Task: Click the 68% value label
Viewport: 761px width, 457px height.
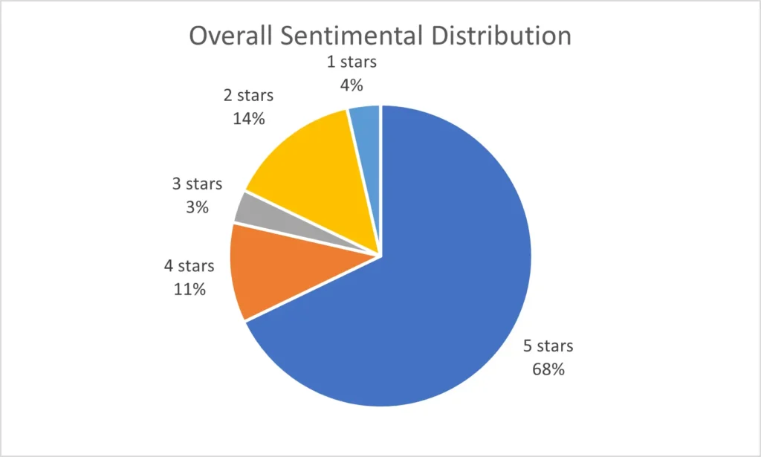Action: pyautogui.click(x=548, y=369)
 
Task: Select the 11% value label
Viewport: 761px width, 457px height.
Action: pyautogui.click(x=189, y=288)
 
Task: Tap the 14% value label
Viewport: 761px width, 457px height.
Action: pyautogui.click(x=248, y=118)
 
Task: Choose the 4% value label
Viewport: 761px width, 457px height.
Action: pyautogui.click(x=351, y=85)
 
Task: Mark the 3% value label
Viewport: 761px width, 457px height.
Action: pyautogui.click(x=197, y=207)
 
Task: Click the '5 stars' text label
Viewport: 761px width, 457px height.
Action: pyautogui.click(x=548, y=346)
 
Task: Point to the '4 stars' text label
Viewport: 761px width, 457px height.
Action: pyautogui.click(x=189, y=266)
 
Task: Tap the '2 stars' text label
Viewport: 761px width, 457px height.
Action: pyautogui.click(x=248, y=96)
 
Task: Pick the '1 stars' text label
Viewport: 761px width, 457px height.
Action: pyautogui.click(x=352, y=62)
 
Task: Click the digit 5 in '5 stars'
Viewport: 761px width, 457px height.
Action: pyautogui.click(x=528, y=346)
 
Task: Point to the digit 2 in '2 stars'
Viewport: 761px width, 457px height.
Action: pyautogui.click(x=227, y=96)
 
